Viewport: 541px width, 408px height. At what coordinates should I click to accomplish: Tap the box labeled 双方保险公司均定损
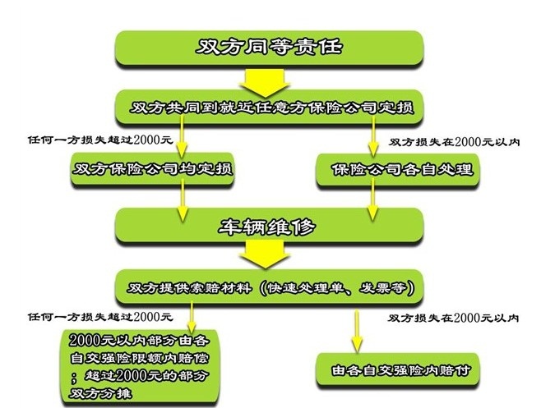coord(153,170)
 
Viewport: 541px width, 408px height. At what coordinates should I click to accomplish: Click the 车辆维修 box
coord(270,226)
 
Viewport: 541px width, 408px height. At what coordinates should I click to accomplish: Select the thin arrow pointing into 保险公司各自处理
coord(375,140)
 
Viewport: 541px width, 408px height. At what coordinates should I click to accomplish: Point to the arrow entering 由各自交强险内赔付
coord(355,328)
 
